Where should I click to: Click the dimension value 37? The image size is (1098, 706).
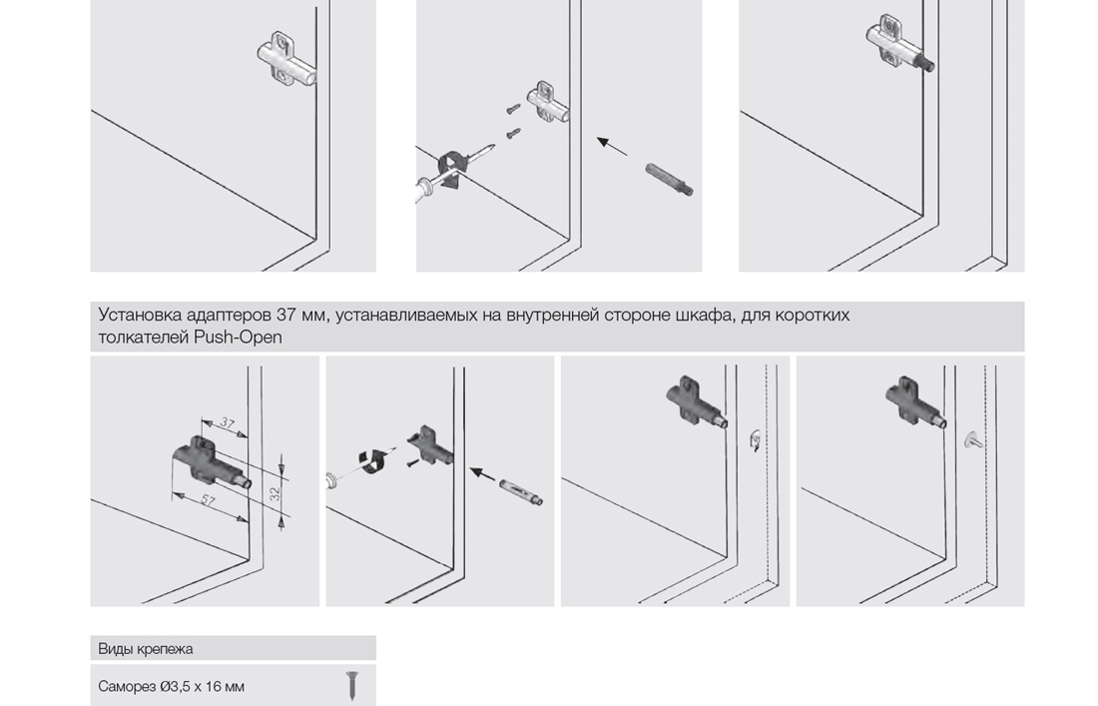(227, 423)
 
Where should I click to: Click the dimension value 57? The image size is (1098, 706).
(209, 500)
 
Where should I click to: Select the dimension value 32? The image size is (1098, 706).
(275, 492)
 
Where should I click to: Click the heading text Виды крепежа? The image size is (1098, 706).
(146, 648)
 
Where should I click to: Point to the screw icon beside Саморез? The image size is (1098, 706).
(351, 686)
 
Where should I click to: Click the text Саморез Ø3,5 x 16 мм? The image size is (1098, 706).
(172, 686)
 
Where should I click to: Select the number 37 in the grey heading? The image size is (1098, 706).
(286, 315)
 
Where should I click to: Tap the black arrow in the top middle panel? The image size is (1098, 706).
(612, 146)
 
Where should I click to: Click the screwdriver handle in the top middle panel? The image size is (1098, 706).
(428, 188)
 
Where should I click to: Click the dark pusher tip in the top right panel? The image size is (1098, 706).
(925, 65)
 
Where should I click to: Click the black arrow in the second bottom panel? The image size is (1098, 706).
(483, 475)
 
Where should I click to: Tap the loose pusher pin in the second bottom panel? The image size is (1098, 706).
(522, 491)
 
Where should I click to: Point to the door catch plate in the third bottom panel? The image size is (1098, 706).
(756, 439)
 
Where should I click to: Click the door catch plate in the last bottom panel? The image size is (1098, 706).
(973, 439)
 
